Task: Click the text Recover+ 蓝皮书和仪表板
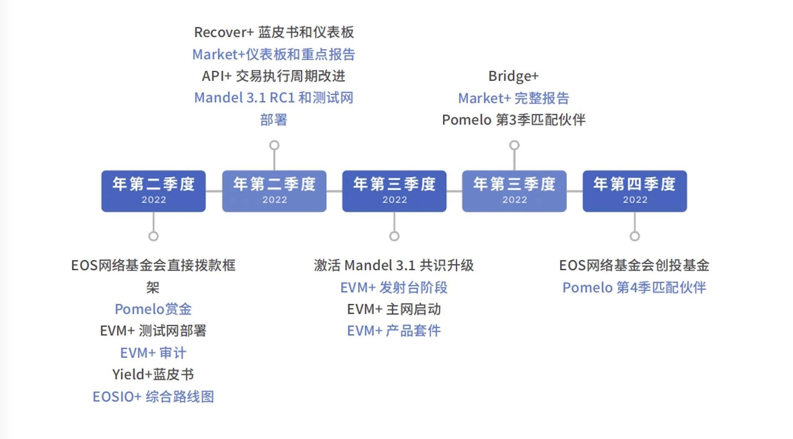coord(274,32)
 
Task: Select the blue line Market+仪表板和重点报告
coord(273,54)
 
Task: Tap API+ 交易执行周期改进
coord(273,76)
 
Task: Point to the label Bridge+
coord(514,76)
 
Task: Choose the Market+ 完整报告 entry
coord(514,98)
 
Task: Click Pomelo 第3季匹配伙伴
coord(514,120)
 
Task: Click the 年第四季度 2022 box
coord(635,191)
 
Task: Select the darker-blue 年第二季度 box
coord(153,191)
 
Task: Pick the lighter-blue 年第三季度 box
coord(514,191)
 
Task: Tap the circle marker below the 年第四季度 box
coord(635,236)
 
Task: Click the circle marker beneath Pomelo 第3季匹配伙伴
coord(514,145)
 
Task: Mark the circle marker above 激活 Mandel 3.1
coord(394,236)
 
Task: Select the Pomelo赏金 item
coord(153,309)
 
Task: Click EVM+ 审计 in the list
coord(153,353)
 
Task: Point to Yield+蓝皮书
coord(153,374)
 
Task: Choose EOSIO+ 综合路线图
coord(153,397)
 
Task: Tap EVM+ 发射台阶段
coord(394,288)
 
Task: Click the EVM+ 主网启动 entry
coord(394,309)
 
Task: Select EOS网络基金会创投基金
coord(634,265)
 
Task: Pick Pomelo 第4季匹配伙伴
coord(634,288)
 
